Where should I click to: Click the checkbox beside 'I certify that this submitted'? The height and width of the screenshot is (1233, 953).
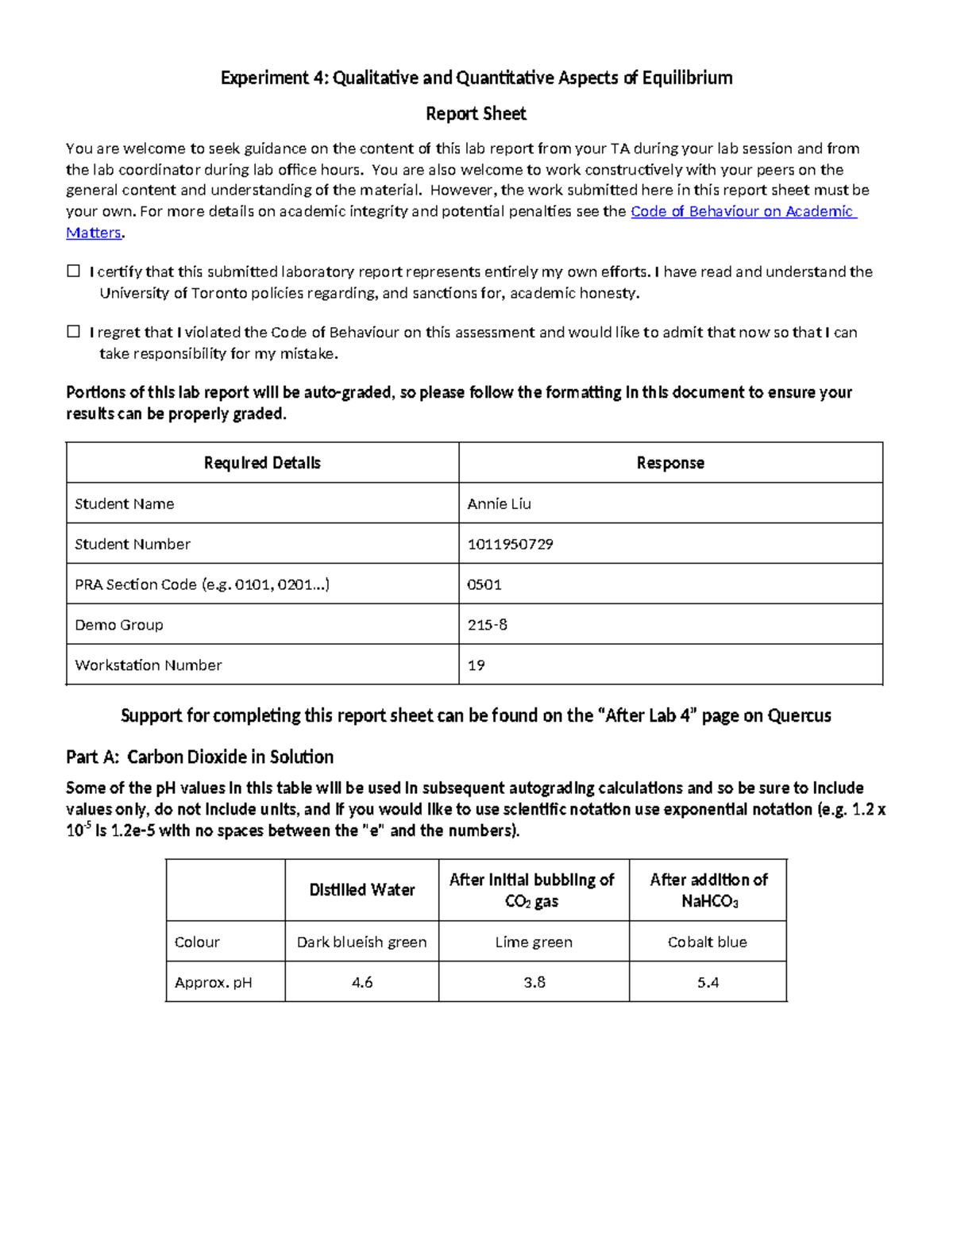click(x=74, y=272)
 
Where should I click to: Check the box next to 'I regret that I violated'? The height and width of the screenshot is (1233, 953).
click(x=74, y=332)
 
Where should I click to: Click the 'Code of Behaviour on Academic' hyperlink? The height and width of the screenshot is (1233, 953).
click(x=742, y=211)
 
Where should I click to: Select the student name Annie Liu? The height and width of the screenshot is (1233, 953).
click(x=500, y=503)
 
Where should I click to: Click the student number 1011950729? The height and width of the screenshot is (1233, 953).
click(x=510, y=544)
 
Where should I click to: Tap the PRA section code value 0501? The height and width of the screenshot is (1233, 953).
click(x=484, y=584)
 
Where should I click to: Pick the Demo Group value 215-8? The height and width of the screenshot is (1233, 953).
click(x=488, y=625)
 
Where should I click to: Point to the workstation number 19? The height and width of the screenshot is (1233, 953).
click(x=476, y=665)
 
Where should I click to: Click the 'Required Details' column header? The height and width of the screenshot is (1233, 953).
click(x=262, y=463)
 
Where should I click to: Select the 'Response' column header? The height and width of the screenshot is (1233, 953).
click(x=670, y=463)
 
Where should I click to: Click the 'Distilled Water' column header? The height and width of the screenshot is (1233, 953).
click(x=362, y=890)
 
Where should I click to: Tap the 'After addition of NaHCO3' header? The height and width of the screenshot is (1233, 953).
click(x=708, y=890)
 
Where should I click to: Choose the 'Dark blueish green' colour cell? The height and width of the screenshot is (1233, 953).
click(x=362, y=942)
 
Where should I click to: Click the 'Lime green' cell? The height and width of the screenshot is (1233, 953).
click(x=534, y=942)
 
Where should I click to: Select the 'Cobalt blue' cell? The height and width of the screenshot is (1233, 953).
click(x=708, y=942)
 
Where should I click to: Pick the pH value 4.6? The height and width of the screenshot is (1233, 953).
click(x=362, y=982)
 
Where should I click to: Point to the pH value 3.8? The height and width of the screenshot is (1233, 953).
click(x=534, y=982)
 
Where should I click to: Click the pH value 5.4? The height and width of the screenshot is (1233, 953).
click(x=708, y=982)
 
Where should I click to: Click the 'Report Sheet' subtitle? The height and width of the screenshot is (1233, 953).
click(x=476, y=114)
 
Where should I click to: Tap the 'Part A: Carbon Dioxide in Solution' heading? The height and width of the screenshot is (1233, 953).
click(x=200, y=757)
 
